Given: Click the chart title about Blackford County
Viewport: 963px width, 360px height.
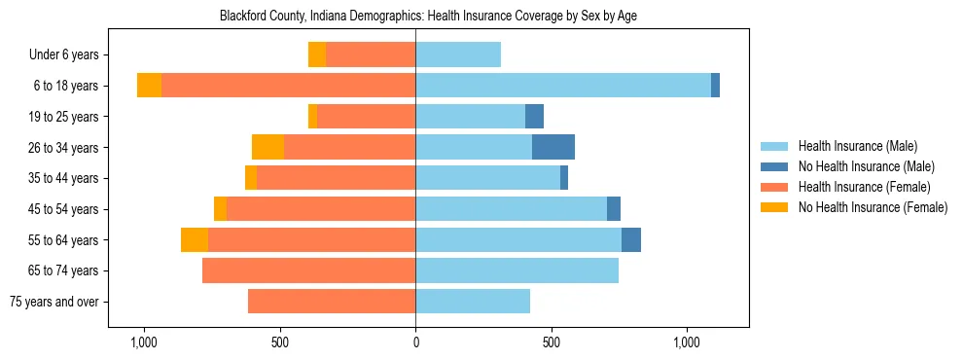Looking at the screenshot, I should [428, 16].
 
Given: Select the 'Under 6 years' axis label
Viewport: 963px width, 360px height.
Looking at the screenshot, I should [70, 55].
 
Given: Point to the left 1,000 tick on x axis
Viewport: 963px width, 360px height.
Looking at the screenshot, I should [144, 342].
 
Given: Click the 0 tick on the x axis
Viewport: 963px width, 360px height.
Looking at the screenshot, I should [415, 342].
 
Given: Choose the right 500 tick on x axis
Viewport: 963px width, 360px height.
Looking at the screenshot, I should [552, 342].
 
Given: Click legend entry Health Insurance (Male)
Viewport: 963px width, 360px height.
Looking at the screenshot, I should [857, 146].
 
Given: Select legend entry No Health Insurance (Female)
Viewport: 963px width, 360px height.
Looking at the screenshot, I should [873, 207].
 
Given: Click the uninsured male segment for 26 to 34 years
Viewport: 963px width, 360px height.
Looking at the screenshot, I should [553, 147].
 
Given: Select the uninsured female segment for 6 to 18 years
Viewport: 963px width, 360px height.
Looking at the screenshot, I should [149, 86].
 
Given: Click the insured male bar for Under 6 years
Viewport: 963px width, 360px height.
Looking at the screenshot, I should [458, 54].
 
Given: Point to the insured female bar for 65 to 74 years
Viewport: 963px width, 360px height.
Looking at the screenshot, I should [308, 270].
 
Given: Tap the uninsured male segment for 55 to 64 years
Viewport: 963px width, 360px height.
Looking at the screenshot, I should [631, 239].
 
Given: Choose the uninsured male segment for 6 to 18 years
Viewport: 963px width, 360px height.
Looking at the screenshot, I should [715, 86].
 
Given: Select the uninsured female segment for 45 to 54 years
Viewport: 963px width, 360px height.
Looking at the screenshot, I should [220, 209].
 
